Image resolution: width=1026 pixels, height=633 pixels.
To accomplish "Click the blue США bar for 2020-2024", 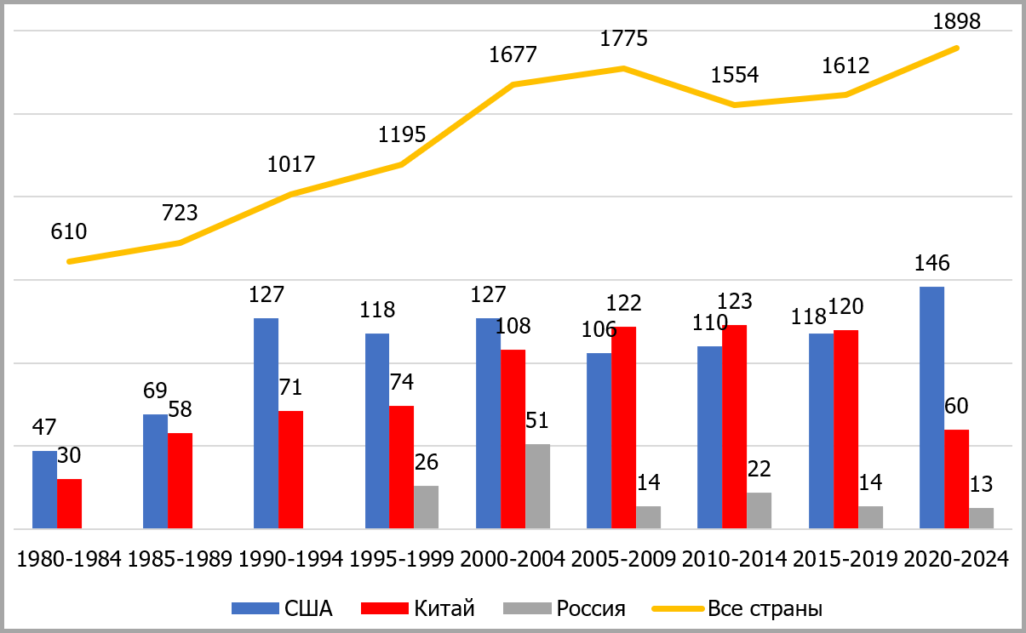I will [931, 408].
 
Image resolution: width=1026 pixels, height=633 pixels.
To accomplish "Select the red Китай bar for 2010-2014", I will [735, 426].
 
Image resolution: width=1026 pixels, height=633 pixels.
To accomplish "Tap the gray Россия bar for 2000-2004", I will [537, 486].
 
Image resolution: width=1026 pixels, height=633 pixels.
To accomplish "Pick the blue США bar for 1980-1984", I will [44, 489].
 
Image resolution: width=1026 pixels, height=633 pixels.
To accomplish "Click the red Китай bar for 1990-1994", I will [290, 470].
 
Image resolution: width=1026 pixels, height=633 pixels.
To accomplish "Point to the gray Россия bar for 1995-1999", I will [426, 507].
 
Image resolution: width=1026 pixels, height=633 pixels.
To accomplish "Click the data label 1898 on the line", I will [957, 21].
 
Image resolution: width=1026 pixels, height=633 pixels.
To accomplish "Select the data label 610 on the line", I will [70, 231].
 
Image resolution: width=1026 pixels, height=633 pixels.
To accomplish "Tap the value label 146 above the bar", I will [932, 264].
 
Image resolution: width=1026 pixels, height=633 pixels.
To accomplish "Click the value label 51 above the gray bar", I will [537, 421].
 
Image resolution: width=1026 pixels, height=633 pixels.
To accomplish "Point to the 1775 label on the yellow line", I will [623, 39].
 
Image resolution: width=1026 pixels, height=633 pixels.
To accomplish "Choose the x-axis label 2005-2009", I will [623, 559].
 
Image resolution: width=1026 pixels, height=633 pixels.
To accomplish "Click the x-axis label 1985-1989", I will [180, 559].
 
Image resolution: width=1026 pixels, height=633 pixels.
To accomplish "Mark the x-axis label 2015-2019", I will [845, 559].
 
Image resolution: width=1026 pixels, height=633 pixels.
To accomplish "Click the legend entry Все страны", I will [765, 608].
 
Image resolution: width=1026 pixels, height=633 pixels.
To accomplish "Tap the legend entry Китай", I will [444, 608].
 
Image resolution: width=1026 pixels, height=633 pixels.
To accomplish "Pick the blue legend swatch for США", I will [255, 608].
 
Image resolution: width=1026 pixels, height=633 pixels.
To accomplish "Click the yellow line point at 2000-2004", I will [513, 84].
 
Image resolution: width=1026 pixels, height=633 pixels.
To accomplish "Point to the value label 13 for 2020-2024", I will [981, 484].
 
